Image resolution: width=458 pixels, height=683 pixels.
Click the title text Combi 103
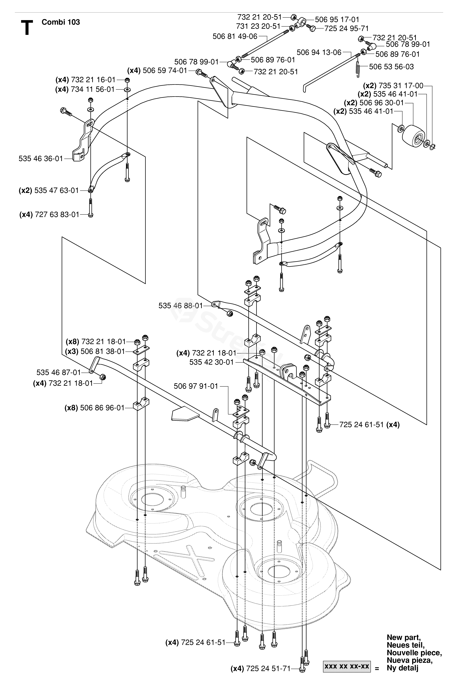[61, 22]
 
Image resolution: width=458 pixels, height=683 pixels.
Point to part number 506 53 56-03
[391, 67]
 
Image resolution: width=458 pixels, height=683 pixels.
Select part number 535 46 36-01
[41, 159]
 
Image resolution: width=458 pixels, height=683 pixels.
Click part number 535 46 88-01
[180, 306]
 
